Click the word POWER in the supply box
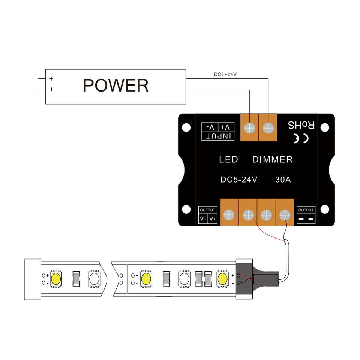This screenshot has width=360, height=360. tap(115, 85)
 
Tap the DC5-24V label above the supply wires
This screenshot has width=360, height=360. tap(225, 74)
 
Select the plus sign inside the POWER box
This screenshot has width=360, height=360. tap(51, 79)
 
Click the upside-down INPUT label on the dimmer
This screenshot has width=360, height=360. tap(218, 136)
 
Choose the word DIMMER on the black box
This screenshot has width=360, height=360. tap(273, 160)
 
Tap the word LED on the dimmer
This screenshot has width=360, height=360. tap(229, 160)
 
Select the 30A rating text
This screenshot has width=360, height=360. tap(283, 180)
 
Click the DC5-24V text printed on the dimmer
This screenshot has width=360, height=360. tap(239, 180)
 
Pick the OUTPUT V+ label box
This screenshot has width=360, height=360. tap(208, 215)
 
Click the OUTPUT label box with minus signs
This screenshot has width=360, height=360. tap(306, 215)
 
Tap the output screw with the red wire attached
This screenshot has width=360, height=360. tap(248, 215)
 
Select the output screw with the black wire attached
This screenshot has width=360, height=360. tap(285, 215)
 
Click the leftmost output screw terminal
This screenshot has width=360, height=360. tap(229, 215)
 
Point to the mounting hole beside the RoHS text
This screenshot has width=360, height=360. tap(325, 127)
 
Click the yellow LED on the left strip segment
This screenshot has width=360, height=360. tap(56, 279)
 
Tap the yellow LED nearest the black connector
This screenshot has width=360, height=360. tap(222, 279)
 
